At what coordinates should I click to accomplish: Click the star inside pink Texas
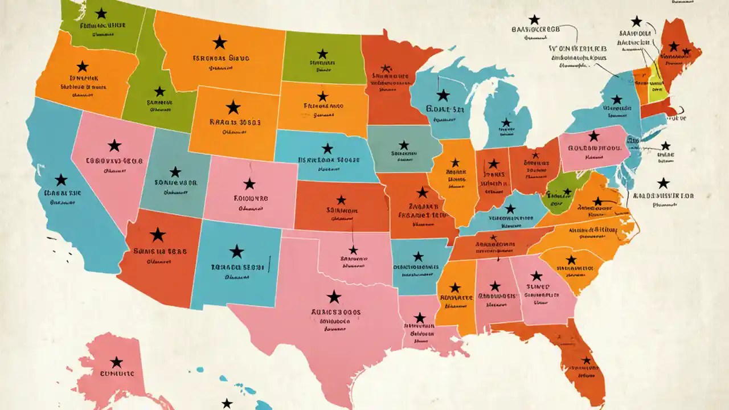[x=334, y=297]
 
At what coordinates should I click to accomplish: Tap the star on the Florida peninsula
[x=587, y=360]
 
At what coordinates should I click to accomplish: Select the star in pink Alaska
[x=117, y=362]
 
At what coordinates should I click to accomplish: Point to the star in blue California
[x=61, y=180]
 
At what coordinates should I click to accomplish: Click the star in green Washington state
[x=101, y=13]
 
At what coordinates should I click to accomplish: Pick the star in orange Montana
[x=219, y=42]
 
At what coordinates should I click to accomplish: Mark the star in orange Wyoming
[x=233, y=107]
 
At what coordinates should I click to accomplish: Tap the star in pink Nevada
[x=114, y=145]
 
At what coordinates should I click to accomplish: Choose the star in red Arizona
[x=158, y=234]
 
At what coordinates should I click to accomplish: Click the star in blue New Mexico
[x=236, y=251]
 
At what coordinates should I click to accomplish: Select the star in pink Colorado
[x=249, y=183]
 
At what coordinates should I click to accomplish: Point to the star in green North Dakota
[x=322, y=54]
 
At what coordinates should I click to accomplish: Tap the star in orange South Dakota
[x=323, y=96]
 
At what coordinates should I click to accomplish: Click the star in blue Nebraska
[x=327, y=149]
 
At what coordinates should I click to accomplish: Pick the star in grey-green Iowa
[x=404, y=145]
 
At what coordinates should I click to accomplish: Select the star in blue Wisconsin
[x=443, y=95]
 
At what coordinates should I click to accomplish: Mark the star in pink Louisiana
[x=420, y=318]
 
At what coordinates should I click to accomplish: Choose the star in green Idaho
[x=160, y=91]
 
